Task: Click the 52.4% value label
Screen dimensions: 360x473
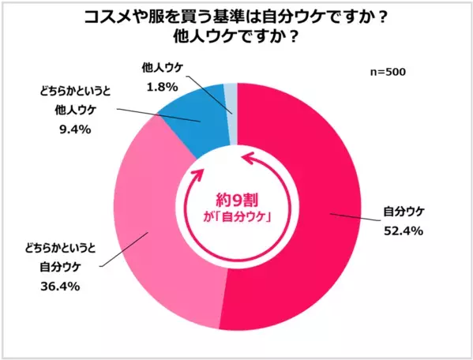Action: point(404,231)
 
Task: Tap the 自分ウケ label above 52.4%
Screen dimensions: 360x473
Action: point(404,212)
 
